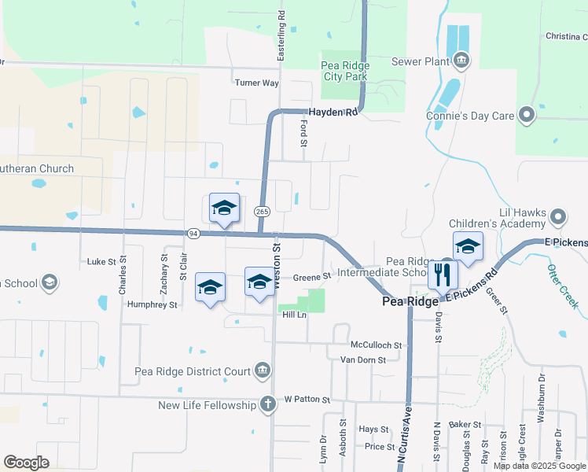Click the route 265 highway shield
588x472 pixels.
click(x=262, y=212)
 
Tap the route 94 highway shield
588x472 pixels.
click(x=193, y=234)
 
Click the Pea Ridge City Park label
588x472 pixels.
click(x=345, y=71)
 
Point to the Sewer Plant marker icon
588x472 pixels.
click(x=461, y=60)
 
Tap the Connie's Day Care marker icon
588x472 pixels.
click(x=527, y=116)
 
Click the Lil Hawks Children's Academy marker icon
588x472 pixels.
click(x=558, y=216)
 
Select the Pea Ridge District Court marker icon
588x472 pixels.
click(x=263, y=371)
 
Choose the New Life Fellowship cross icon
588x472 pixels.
click(x=267, y=405)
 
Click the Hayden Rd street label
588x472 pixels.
click(x=333, y=112)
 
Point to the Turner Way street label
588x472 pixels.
click(x=257, y=83)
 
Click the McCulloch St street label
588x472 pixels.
click(x=376, y=345)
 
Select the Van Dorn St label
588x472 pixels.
click(x=363, y=360)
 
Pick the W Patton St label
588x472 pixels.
click(x=302, y=399)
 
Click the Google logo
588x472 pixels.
click(x=26, y=463)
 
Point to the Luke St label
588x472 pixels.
click(x=101, y=261)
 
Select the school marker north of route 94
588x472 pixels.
click(x=224, y=208)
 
